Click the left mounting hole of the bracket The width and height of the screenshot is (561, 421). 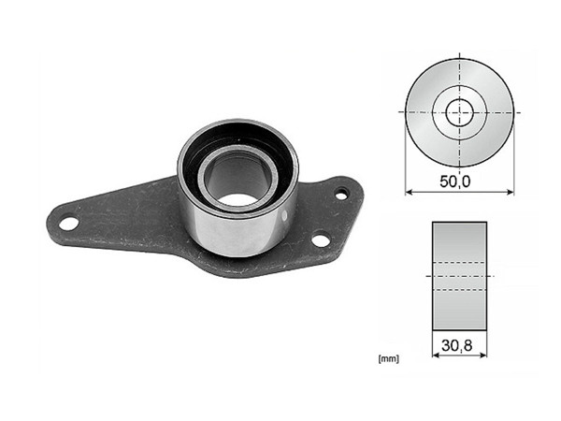tap(67, 224)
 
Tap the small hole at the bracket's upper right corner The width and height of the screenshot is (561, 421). tap(341, 194)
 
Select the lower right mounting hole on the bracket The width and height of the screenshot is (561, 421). tap(320, 240)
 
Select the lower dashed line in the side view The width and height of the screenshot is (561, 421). tap(458, 290)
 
